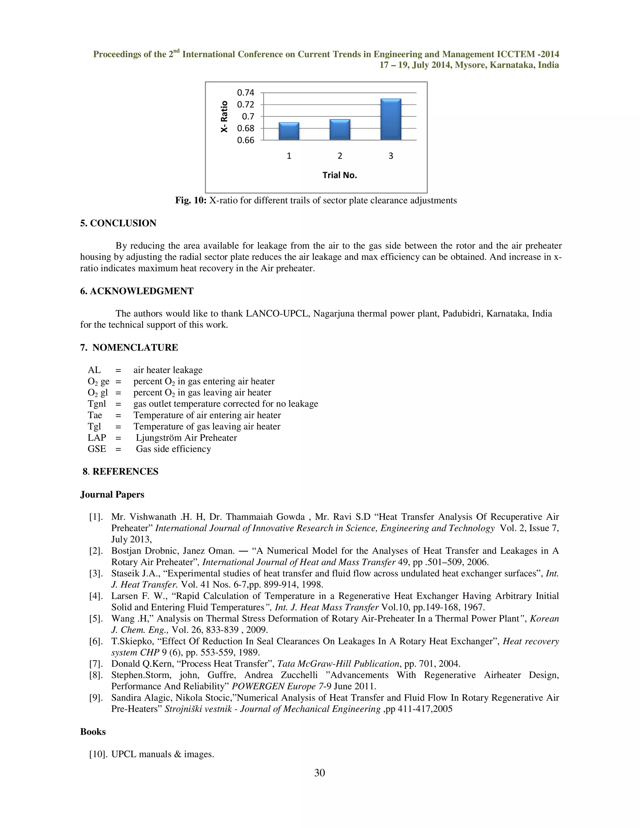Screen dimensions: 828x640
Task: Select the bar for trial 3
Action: click(391, 119)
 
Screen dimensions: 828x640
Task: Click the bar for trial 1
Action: click(289, 131)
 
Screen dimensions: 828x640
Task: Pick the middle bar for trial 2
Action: click(340, 130)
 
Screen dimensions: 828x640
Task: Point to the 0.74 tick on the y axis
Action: click(245, 92)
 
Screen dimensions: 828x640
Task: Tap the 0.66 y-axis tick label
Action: click(245, 140)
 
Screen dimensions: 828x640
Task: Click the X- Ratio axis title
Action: click(224, 117)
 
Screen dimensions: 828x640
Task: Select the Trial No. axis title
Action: click(340, 175)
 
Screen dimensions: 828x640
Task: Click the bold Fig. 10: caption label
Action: click(190, 201)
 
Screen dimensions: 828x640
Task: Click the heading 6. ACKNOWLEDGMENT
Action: click(137, 291)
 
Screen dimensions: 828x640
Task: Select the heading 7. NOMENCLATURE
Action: click(129, 348)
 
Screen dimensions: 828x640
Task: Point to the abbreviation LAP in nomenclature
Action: click(97, 438)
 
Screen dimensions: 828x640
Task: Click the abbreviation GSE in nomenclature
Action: click(97, 449)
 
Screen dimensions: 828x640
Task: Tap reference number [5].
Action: click(96, 619)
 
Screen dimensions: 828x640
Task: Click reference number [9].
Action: click(96, 698)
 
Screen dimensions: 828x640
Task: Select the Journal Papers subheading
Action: click(112, 495)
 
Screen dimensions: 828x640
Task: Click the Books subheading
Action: click(93, 732)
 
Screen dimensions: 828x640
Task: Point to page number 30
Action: click(320, 773)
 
